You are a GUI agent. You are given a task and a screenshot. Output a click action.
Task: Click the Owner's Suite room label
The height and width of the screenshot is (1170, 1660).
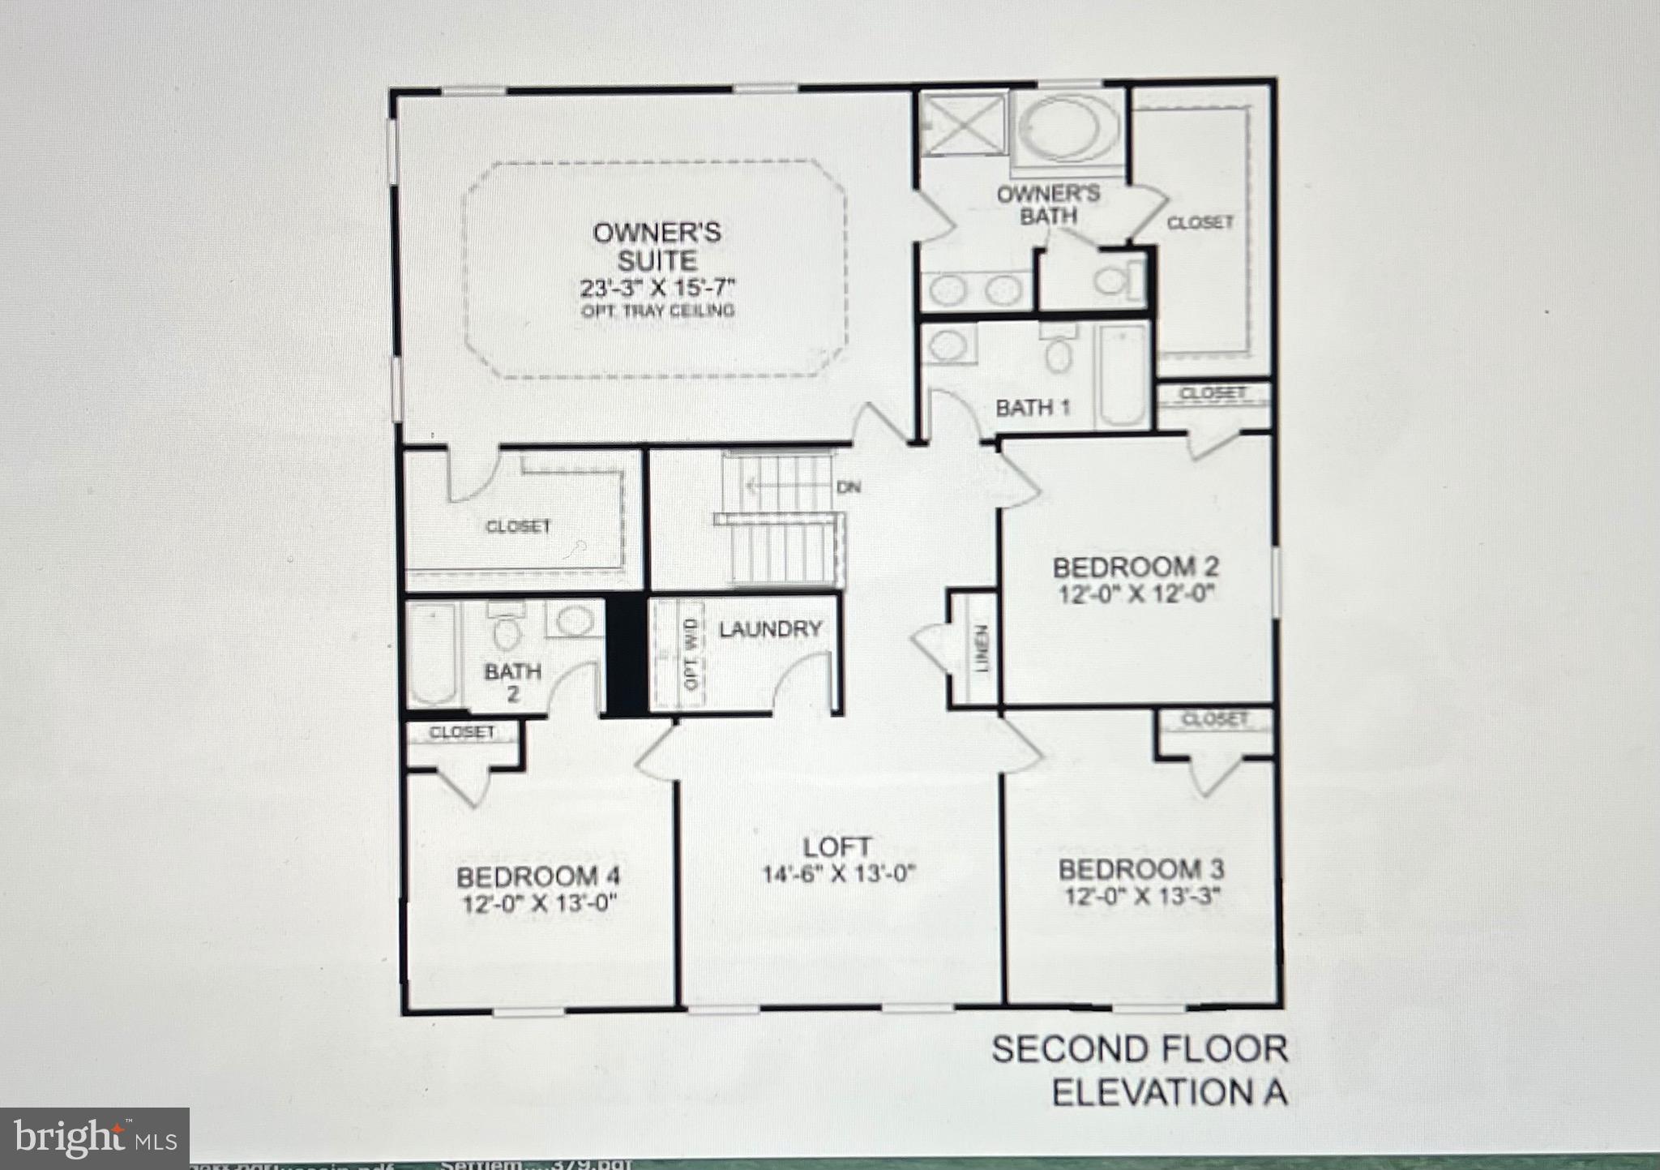pos(657,246)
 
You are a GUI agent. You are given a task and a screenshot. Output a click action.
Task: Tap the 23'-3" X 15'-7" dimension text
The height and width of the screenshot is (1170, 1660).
pos(657,288)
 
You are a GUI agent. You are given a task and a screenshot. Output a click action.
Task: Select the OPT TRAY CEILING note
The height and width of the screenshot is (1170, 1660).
pos(657,311)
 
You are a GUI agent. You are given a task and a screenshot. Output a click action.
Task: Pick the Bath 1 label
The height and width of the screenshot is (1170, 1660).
pos(1033,407)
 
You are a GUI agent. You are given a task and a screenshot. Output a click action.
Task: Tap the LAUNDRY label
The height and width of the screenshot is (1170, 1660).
pos(770,628)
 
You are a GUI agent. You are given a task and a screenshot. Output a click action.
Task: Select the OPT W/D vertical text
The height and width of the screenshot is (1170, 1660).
pos(691,654)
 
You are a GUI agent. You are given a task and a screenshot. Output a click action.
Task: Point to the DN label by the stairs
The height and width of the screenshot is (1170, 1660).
pos(848,487)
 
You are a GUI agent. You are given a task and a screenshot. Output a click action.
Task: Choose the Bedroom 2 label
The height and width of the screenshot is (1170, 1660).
pos(1136,567)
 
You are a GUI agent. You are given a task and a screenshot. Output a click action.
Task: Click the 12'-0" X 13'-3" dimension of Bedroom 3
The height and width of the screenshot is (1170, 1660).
pos(1142,896)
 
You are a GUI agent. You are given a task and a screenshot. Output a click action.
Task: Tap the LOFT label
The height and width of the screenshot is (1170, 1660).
pos(837,847)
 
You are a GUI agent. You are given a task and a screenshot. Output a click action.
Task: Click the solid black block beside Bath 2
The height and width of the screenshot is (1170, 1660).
pos(624,655)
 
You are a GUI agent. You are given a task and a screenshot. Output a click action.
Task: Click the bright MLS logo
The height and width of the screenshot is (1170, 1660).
pos(94,1138)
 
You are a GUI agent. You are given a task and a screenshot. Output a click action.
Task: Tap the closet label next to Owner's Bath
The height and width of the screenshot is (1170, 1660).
pos(1200,221)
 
